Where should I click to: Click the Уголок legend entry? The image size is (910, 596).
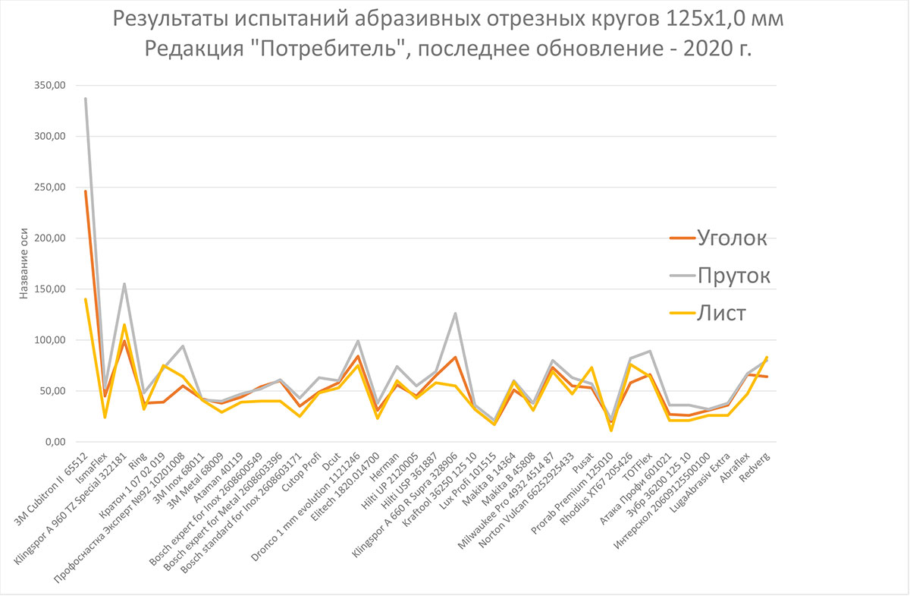pos(732,238)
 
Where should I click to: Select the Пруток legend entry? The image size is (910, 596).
pos(734,276)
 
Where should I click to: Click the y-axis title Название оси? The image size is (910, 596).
pos(24,263)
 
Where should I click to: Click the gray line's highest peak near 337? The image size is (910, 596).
pos(86,99)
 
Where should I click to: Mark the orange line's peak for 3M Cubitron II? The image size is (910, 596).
pos(86,191)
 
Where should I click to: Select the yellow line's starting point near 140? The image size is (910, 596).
pos(86,299)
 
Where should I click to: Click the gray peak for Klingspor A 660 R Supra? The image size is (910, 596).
pos(454,314)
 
